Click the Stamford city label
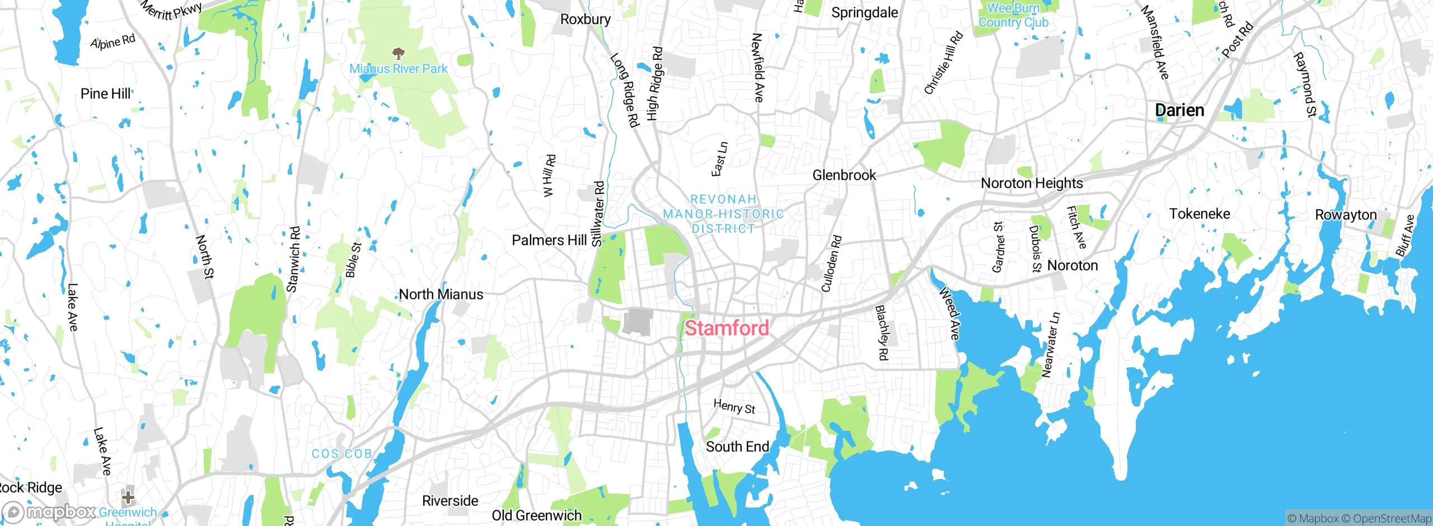727,328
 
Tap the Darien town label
1179,110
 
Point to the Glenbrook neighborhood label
844,175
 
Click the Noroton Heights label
1031,183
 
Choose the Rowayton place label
1345,215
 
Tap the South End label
737,447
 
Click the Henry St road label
734,406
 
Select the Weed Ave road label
949,313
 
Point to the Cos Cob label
342,454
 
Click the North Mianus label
441,294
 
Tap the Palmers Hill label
549,240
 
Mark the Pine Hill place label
105,93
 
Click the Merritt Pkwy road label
171,10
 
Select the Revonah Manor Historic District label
723,214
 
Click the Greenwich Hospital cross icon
128,497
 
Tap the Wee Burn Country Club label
1013,15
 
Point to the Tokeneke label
1199,214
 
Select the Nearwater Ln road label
1050,345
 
